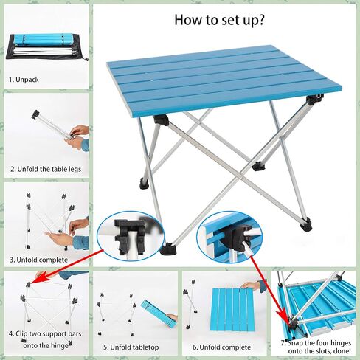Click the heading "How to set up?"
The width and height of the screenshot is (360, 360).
(219, 20)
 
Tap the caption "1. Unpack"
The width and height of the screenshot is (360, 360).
(24, 80)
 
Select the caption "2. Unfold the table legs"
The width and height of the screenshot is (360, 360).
(46, 169)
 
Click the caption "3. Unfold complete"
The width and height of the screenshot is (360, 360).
(39, 260)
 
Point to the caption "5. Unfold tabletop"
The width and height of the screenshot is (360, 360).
(131, 347)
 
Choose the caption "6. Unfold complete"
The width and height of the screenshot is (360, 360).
(222, 347)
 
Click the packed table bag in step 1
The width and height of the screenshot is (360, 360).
(46, 46)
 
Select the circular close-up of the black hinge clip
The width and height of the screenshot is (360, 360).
(131, 236)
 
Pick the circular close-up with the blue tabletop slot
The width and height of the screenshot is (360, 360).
(229, 237)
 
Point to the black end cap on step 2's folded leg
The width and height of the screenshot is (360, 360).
(35, 114)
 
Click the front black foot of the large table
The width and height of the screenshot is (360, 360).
(168, 249)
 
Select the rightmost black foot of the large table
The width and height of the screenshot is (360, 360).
(306, 224)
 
